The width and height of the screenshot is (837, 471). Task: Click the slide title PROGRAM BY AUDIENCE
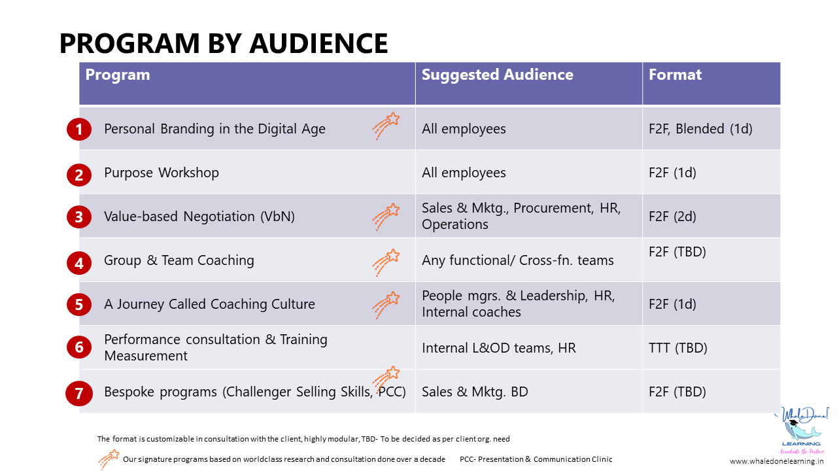[x=224, y=43]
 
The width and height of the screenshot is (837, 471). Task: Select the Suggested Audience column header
[x=497, y=75]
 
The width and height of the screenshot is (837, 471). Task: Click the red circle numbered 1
[x=79, y=130]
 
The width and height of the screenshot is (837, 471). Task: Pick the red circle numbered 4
[x=79, y=263]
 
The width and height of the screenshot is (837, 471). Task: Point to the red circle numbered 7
[x=79, y=394]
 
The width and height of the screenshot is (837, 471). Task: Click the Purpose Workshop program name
[x=162, y=173]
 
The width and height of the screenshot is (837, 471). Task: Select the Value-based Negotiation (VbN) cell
[x=199, y=217]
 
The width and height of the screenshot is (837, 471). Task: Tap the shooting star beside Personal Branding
[x=386, y=126]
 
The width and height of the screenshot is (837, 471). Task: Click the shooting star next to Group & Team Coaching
[x=386, y=262]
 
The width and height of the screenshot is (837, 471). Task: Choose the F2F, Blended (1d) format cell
[x=700, y=129]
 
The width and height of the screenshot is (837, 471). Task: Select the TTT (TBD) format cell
[x=677, y=348]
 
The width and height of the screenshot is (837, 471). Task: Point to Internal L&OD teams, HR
[x=499, y=348]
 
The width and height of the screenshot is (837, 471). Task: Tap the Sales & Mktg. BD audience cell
[x=475, y=392]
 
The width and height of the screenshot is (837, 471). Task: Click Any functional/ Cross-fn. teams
[x=518, y=260]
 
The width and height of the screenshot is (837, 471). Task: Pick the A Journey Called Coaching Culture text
[x=209, y=304]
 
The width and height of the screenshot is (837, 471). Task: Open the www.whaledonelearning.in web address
[x=776, y=461]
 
